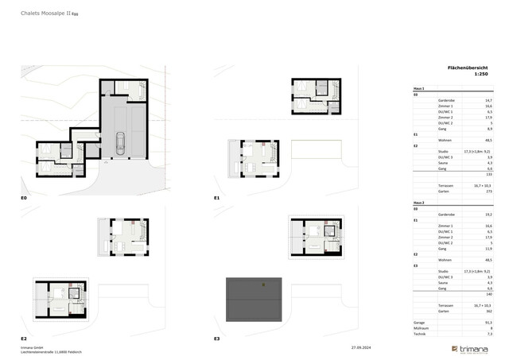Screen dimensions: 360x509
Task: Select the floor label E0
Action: (24, 196)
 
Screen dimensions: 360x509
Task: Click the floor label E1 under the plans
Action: (216, 196)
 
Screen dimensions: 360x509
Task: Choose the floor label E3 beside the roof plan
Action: (216, 338)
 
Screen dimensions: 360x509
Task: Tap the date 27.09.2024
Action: (363, 347)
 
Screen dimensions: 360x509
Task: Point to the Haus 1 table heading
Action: (419, 88)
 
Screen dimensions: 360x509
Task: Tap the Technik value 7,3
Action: (488, 335)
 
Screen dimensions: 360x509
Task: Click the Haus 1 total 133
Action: (488, 174)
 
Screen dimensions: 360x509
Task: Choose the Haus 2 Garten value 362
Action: (488, 310)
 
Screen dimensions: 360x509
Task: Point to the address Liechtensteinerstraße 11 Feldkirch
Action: (52, 351)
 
